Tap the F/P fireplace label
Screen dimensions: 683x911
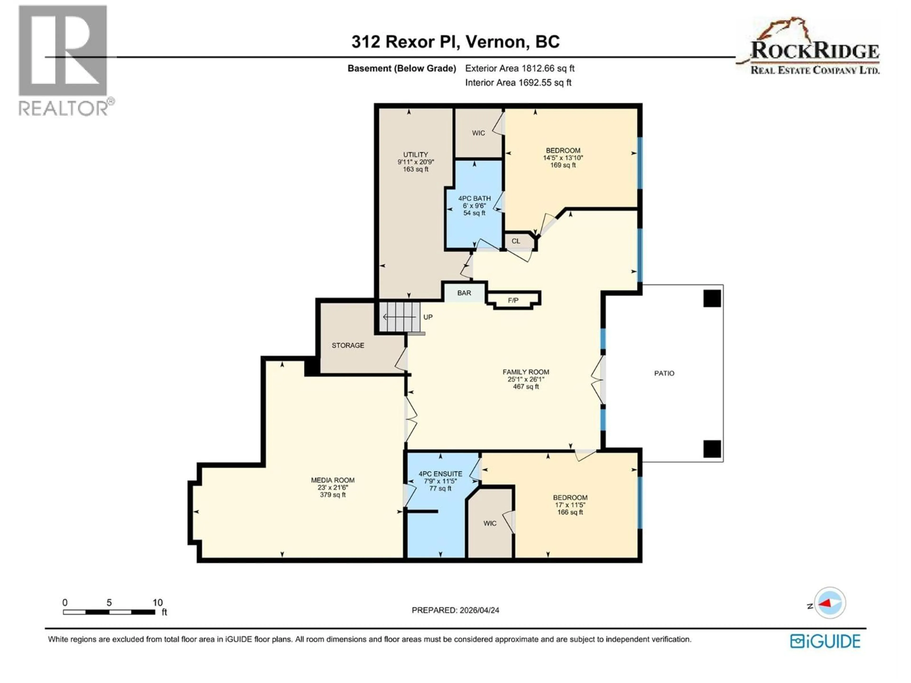[x=513, y=300]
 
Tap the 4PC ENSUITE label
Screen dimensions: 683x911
[x=440, y=474]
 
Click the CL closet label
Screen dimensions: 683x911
[x=516, y=241]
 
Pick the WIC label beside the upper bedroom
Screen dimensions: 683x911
[x=478, y=133]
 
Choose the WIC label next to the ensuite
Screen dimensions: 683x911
[x=490, y=523]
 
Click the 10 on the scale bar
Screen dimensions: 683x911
[x=157, y=603]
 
